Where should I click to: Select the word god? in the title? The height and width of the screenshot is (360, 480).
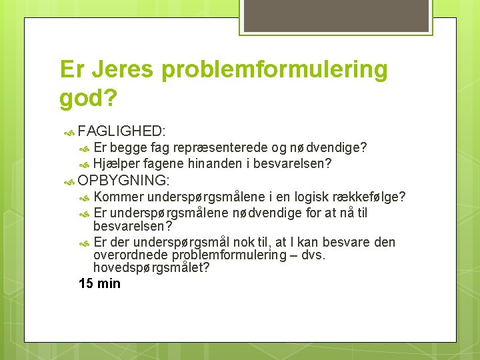click(88, 99)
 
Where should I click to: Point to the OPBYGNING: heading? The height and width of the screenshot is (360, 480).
click(124, 181)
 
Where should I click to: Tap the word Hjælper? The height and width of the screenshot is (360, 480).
click(115, 163)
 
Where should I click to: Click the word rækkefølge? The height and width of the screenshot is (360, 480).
click(378, 197)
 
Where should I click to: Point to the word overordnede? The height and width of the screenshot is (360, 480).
click(131, 255)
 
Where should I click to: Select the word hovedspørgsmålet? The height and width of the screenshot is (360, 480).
click(151, 268)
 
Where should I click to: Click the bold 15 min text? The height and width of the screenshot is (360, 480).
click(99, 283)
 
